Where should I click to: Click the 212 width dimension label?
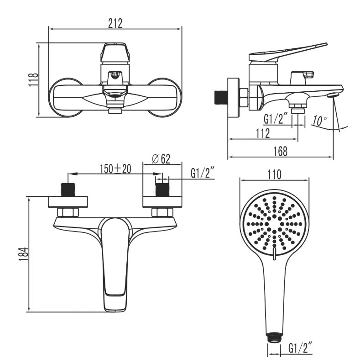pyautogui.click(x=115, y=23)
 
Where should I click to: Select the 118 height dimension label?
pyautogui.click(x=33, y=79)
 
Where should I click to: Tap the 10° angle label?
pyautogui.click(x=320, y=121)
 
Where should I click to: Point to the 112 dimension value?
pyautogui.click(x=263, y=133)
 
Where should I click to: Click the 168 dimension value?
pyautogui.click(x=281, y=152)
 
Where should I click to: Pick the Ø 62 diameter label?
pyautogui.click(x=161, y=159)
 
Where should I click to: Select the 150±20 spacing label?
pyautogui.click(x=115, y=169)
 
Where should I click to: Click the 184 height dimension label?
pyautogui.click(x=23, y=254)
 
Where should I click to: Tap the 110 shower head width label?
pyautogui.click(x=274, y=174)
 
